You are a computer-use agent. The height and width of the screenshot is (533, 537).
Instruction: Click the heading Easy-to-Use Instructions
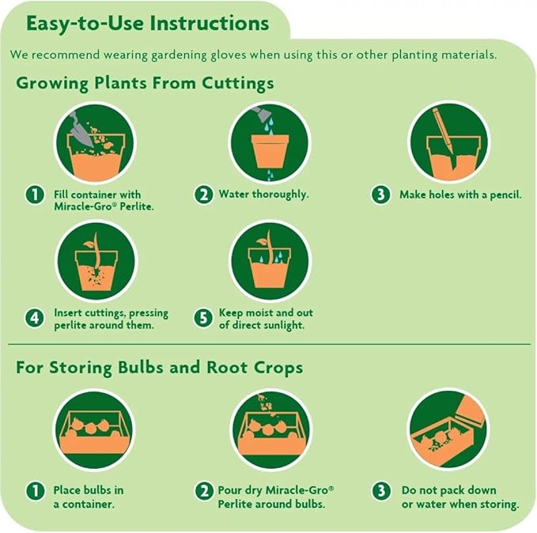coord(147,23)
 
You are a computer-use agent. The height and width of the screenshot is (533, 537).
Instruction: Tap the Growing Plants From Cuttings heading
coord(146,83)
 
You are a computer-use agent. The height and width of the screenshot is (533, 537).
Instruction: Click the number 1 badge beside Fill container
coord(34,195)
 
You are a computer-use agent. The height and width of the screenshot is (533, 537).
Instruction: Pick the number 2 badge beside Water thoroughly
coord(204,195)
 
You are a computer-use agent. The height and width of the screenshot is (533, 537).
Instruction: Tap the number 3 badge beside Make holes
coord(382,195)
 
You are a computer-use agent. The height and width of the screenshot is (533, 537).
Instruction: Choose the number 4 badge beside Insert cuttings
coord(34,319)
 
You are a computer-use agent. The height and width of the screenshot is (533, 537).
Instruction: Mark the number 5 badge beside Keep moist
coord(204,319)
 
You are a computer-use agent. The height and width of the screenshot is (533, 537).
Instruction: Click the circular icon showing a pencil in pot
coord(448,143)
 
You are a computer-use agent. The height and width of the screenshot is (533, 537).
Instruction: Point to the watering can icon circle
coord(270,143)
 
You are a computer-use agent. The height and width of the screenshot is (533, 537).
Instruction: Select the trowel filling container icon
coord(94,143)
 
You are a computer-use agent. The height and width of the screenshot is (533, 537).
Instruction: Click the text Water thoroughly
coord(263,195)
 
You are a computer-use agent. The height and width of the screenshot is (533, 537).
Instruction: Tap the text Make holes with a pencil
coord(460,195)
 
